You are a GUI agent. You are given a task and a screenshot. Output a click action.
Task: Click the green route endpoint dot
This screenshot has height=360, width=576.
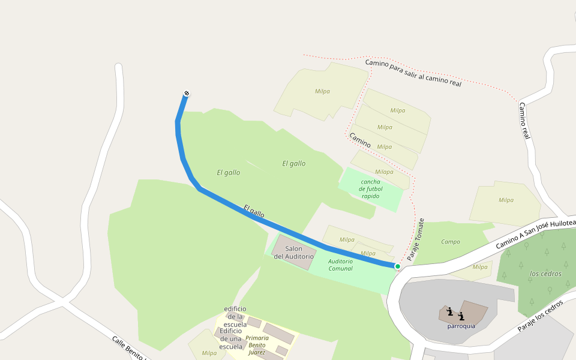coord(397,266)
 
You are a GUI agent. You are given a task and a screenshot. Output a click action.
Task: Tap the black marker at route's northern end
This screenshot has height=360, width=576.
coord(187,93)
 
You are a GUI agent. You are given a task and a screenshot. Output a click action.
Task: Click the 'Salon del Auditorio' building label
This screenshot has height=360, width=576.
coord(293,253)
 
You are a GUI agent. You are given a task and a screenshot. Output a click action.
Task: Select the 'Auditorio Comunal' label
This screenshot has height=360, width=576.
coord(340,265)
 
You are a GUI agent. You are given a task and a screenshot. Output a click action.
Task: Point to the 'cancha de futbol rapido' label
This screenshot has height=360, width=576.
coord(370,188)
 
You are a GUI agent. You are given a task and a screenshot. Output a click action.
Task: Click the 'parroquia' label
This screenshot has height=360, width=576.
coord(461,326)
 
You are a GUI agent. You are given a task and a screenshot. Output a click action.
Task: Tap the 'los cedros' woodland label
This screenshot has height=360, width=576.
coord(545,274)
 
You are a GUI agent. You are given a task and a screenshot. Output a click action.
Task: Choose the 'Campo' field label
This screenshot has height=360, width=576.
coord(450,242)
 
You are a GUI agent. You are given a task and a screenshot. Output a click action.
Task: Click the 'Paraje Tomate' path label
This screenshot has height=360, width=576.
coord(415,239)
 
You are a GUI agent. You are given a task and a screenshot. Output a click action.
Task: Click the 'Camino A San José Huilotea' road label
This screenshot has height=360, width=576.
coord(535,235)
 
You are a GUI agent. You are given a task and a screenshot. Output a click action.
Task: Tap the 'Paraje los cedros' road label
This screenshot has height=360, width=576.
coord(540,316)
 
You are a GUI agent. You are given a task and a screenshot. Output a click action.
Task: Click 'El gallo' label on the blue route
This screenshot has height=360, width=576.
coord(254,211)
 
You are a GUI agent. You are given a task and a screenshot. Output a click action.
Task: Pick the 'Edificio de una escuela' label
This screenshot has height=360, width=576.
coord(231,338)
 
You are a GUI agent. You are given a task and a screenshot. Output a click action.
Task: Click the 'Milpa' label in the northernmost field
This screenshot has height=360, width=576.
coord(322,91)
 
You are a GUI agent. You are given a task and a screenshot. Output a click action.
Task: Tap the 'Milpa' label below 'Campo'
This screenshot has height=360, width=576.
coord(480,267)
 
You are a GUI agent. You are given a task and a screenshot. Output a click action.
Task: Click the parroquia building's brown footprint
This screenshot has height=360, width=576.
coord(474,311)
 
